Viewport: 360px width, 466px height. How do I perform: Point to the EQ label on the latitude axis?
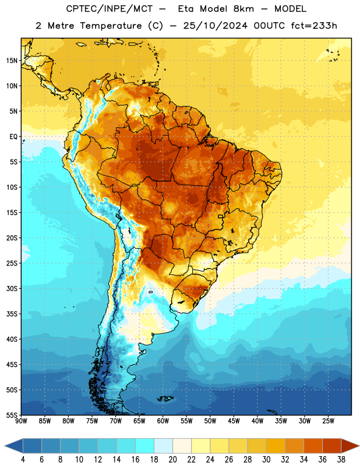point(13,137)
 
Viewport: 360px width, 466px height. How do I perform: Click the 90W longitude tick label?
point(21,421)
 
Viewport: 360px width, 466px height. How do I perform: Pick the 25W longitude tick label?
point(328,421)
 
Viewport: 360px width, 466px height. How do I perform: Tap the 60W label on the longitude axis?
point(163,421)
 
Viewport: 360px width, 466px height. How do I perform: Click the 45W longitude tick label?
point(234,421)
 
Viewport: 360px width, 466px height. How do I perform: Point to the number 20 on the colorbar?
point(172,460)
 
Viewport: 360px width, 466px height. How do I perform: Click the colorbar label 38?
point(341,460)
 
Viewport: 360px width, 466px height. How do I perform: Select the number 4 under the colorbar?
point(23,460)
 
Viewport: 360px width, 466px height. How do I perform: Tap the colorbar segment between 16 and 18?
point(145,446)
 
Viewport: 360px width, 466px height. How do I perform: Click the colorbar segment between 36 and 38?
point(332,446)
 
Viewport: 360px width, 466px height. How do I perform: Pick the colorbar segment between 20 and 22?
point(182,446)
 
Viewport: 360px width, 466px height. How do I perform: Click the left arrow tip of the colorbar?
point(5,446)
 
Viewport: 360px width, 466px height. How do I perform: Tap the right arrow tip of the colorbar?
point(359,446)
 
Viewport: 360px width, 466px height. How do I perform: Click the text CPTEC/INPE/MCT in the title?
point(109,9)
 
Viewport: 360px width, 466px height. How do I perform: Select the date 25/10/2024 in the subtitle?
point(215,26)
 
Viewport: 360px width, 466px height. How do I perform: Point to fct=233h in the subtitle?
point(314,26)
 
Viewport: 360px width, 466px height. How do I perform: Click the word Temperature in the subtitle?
point(111,26)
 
